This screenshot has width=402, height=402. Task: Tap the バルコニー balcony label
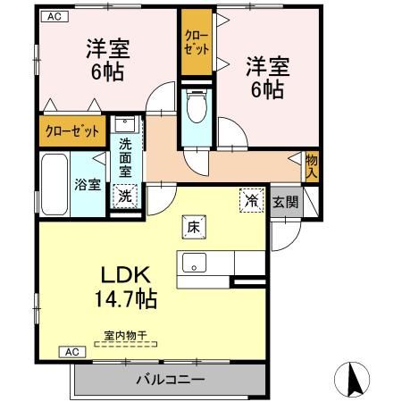[x=170, y=380]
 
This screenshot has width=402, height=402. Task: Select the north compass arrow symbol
[x=351, y=380]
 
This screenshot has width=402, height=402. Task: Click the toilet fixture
[x=195, y=109]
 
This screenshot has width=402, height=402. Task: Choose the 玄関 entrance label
[x=286, y=202]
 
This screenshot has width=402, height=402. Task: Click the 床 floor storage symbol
[x=192, y=227]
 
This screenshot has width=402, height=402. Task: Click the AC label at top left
[x=54, y=16]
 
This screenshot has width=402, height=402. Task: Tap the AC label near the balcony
[x=72, y=352]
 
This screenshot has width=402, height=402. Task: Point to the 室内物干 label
[x=125, y=337]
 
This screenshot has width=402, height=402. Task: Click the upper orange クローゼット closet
[x=194, y=45]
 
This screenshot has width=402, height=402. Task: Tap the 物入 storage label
[x=310, y=166]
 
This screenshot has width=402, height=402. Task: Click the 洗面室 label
[x=127, y=156]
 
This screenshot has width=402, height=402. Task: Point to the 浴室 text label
[x=86, y=186]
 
